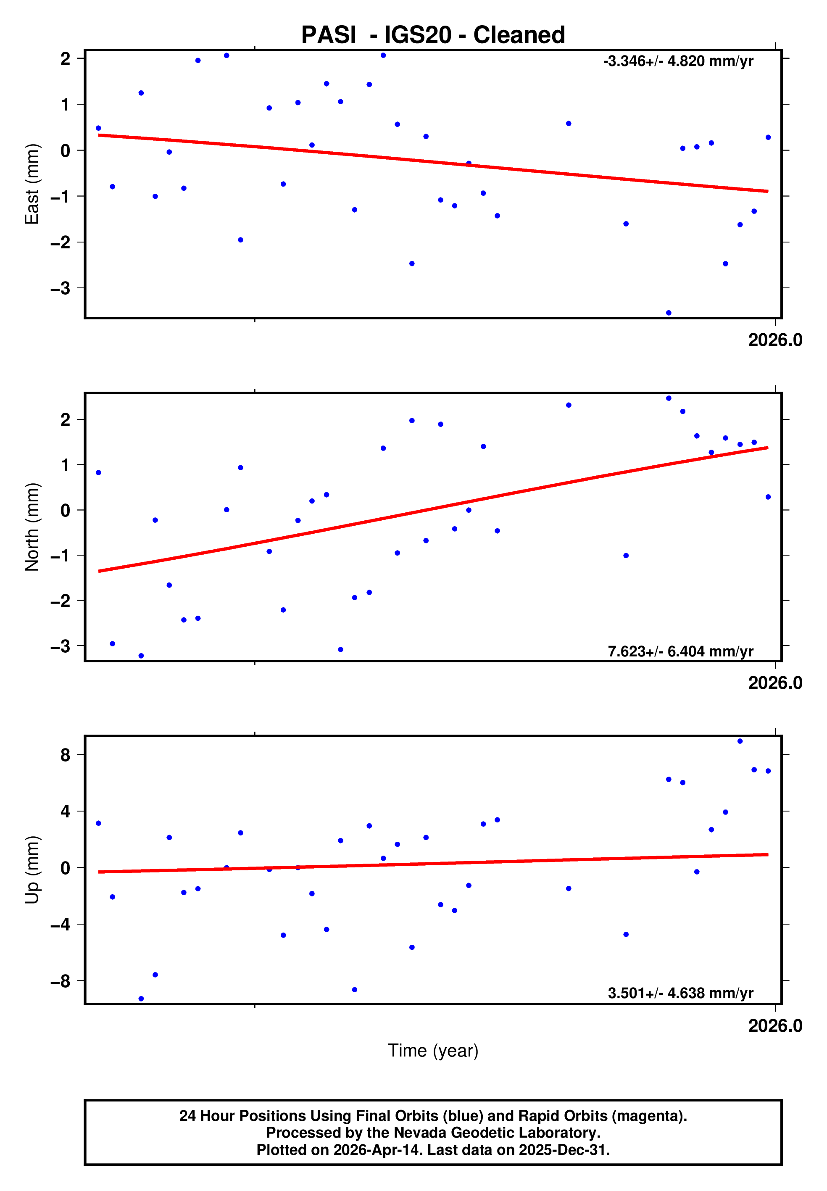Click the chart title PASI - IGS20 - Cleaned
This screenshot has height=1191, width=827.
click(x=433, y=35)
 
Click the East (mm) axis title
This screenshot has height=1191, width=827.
click(x=32, y=184)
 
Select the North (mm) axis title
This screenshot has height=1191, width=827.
click(x=32, y=527)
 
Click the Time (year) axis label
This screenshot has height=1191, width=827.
click(x=433, y=1051)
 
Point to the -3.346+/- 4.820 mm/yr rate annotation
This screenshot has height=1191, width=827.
click(x=678, y=61)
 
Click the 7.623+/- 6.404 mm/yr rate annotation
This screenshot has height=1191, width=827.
click(x=680, y=651)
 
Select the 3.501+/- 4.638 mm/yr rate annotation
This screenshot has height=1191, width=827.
click(x=680, y=993)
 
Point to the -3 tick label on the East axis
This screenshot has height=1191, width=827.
click(x=60, y=288)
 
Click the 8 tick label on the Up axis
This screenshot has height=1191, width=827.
click(x=65, y=755)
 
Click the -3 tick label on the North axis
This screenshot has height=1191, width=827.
click(x=60, y=646)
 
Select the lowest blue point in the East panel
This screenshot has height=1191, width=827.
click(x=669, y=313)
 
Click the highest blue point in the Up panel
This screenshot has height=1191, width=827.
click(x=740, y=741)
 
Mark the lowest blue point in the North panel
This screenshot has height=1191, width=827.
click(x=141, y=656)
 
